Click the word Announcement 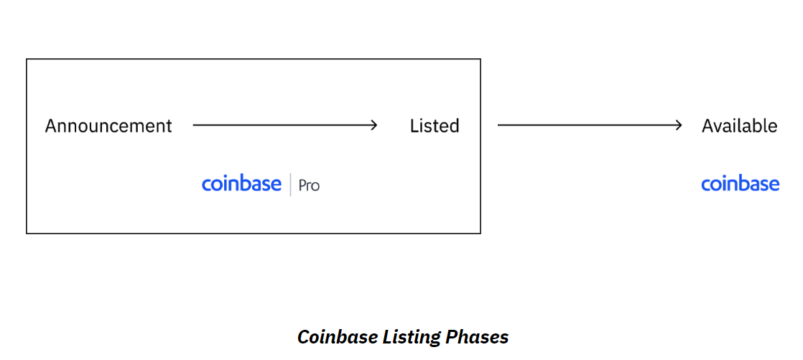tap(108, 126)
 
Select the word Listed tap(435, 126)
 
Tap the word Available tap(740, 126)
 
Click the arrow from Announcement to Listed tap(284, 125)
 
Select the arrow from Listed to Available tap(590, 125)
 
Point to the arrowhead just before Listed tap(374, 125)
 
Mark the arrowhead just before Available tap(679, 125)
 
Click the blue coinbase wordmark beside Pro tap(242, 184)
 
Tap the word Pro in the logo tap(310, 185)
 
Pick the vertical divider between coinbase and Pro tap(290, 185)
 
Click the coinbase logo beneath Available tap(740, 184)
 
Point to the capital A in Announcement tap(52, 126)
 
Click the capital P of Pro tap(303, 185)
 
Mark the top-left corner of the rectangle tap(27, 59)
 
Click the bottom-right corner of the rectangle tap(481, 234)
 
